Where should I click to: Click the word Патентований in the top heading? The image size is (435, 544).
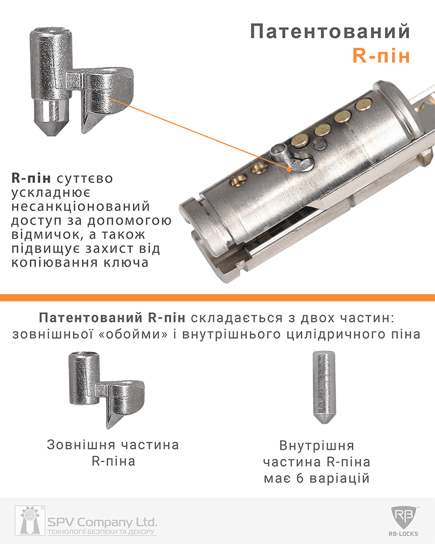pos(330,31)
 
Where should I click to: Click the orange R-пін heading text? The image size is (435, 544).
pos(381,55)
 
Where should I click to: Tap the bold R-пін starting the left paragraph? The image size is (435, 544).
pos(31,178)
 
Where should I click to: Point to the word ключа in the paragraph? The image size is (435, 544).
pos(126,263)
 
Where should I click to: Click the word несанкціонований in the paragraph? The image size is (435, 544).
pos(80,206)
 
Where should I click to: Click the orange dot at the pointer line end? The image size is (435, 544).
pos(289,169)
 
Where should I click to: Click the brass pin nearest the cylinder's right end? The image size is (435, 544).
pos(363,104)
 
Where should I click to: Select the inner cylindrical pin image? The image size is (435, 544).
pos(324,387)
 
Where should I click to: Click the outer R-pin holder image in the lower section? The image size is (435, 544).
pos(107,390)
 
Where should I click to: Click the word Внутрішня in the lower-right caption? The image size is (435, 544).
pos(316,446)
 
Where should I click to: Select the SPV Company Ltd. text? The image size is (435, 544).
pos(102,522)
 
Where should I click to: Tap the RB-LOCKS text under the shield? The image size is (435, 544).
pos(403,534)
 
